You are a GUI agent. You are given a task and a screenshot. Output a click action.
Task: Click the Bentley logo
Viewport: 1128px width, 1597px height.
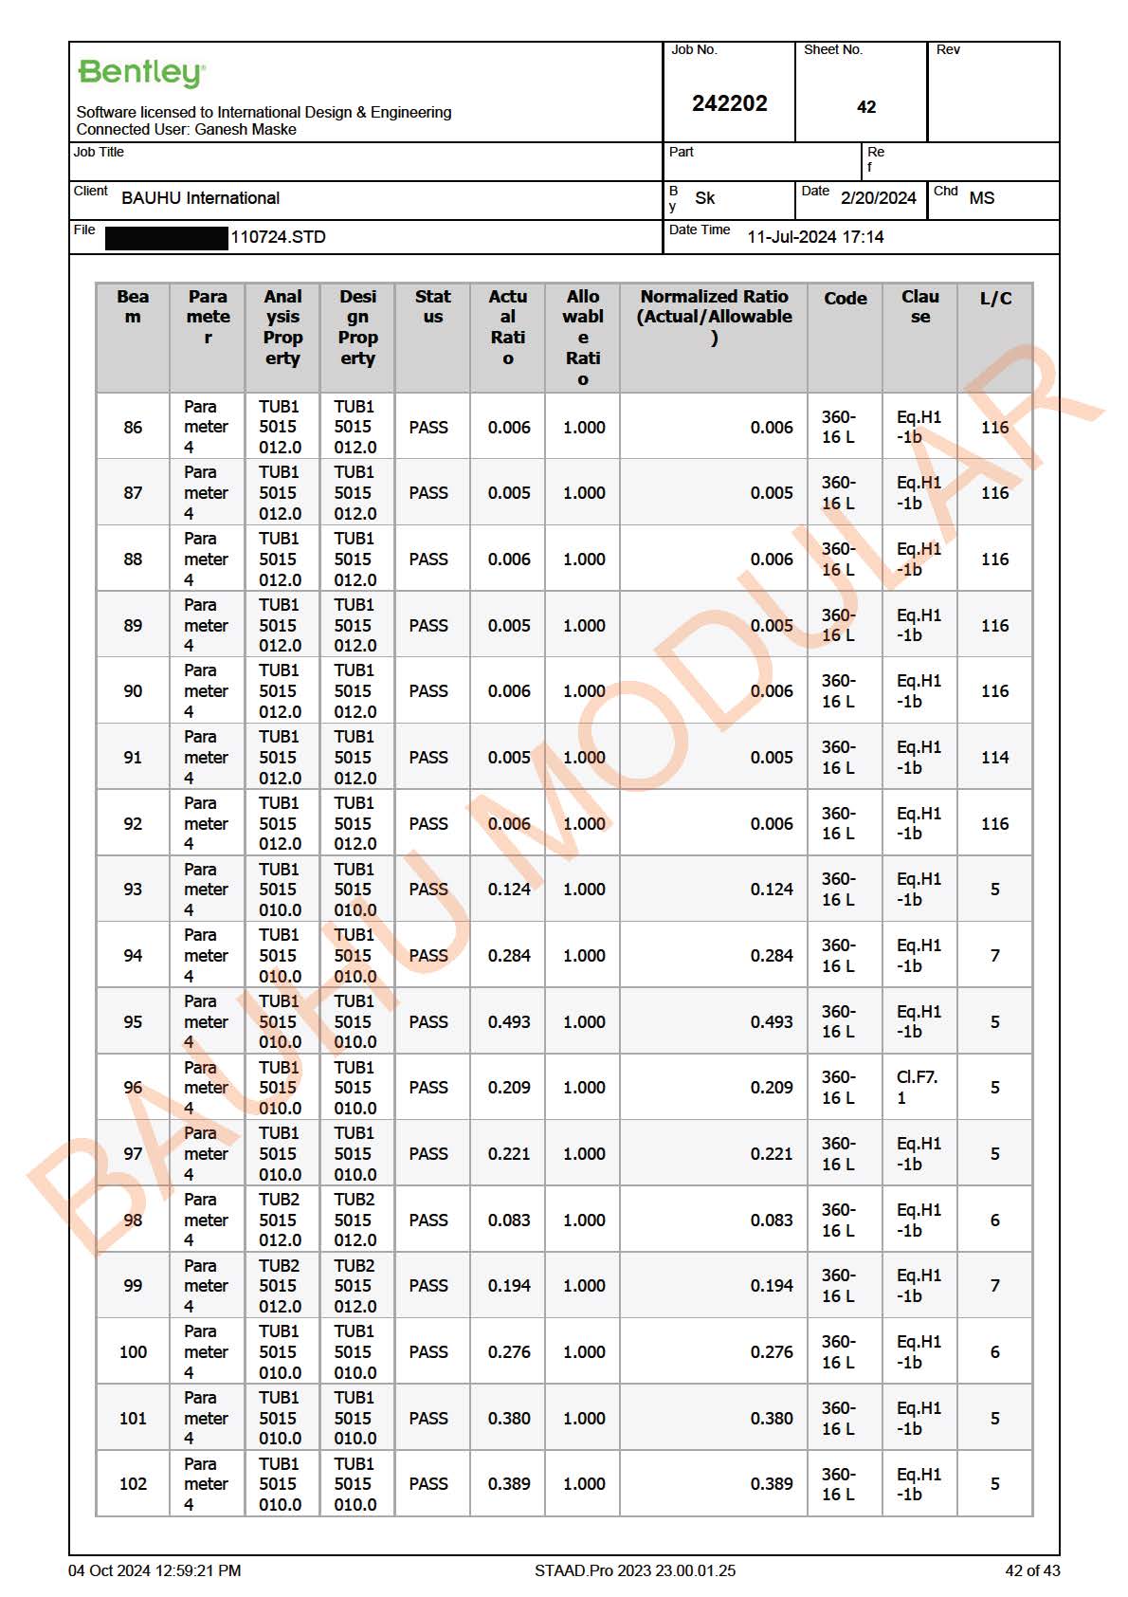tap(141, 73)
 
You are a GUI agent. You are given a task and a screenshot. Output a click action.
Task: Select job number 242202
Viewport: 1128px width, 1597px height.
tap(729, 103)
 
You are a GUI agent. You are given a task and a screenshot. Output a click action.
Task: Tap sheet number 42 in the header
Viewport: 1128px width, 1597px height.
tap(865, 107)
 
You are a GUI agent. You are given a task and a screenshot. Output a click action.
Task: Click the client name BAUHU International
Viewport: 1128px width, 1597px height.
tap(200, 198)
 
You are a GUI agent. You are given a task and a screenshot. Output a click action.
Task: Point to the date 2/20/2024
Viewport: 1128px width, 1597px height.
tap(878, 198)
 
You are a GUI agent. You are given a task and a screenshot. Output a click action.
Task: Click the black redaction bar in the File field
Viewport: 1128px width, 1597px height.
tap(167, 237)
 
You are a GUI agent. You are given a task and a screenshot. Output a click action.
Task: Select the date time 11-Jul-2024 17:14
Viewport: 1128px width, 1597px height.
tap(815, 237)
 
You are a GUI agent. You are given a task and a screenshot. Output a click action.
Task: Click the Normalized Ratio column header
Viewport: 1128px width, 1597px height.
tap(714, 317)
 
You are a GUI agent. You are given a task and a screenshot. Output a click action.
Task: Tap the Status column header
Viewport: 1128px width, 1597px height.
tap(432, 306)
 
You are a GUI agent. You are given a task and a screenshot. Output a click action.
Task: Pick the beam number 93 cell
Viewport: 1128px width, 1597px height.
tap(133, 890)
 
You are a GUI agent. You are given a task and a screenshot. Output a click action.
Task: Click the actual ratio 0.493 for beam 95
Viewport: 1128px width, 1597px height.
tap(509, 1022)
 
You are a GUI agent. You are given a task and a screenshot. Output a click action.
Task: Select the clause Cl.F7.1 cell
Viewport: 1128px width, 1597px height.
tap(917, 1088)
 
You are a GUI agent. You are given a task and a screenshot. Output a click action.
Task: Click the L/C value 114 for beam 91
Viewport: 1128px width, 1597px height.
tap(994, 758)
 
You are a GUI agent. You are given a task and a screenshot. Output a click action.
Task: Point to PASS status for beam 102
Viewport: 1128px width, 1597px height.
tap(428, 1484)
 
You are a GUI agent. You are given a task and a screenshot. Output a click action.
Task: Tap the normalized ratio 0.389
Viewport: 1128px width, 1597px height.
tap(772, 1484)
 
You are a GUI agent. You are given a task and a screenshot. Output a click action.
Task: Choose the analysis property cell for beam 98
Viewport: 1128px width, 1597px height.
tap(280, 1220)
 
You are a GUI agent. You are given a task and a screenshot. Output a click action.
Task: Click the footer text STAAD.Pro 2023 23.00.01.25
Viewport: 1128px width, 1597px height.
tap(634, 1570)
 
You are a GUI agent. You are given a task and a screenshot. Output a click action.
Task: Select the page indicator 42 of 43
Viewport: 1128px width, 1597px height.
tap(1032, 1570)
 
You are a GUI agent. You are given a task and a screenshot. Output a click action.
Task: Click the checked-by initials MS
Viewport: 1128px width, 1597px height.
tap(981, 198)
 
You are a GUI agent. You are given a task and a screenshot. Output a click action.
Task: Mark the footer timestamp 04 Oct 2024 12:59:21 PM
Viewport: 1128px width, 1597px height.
tap(155, 1570)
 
